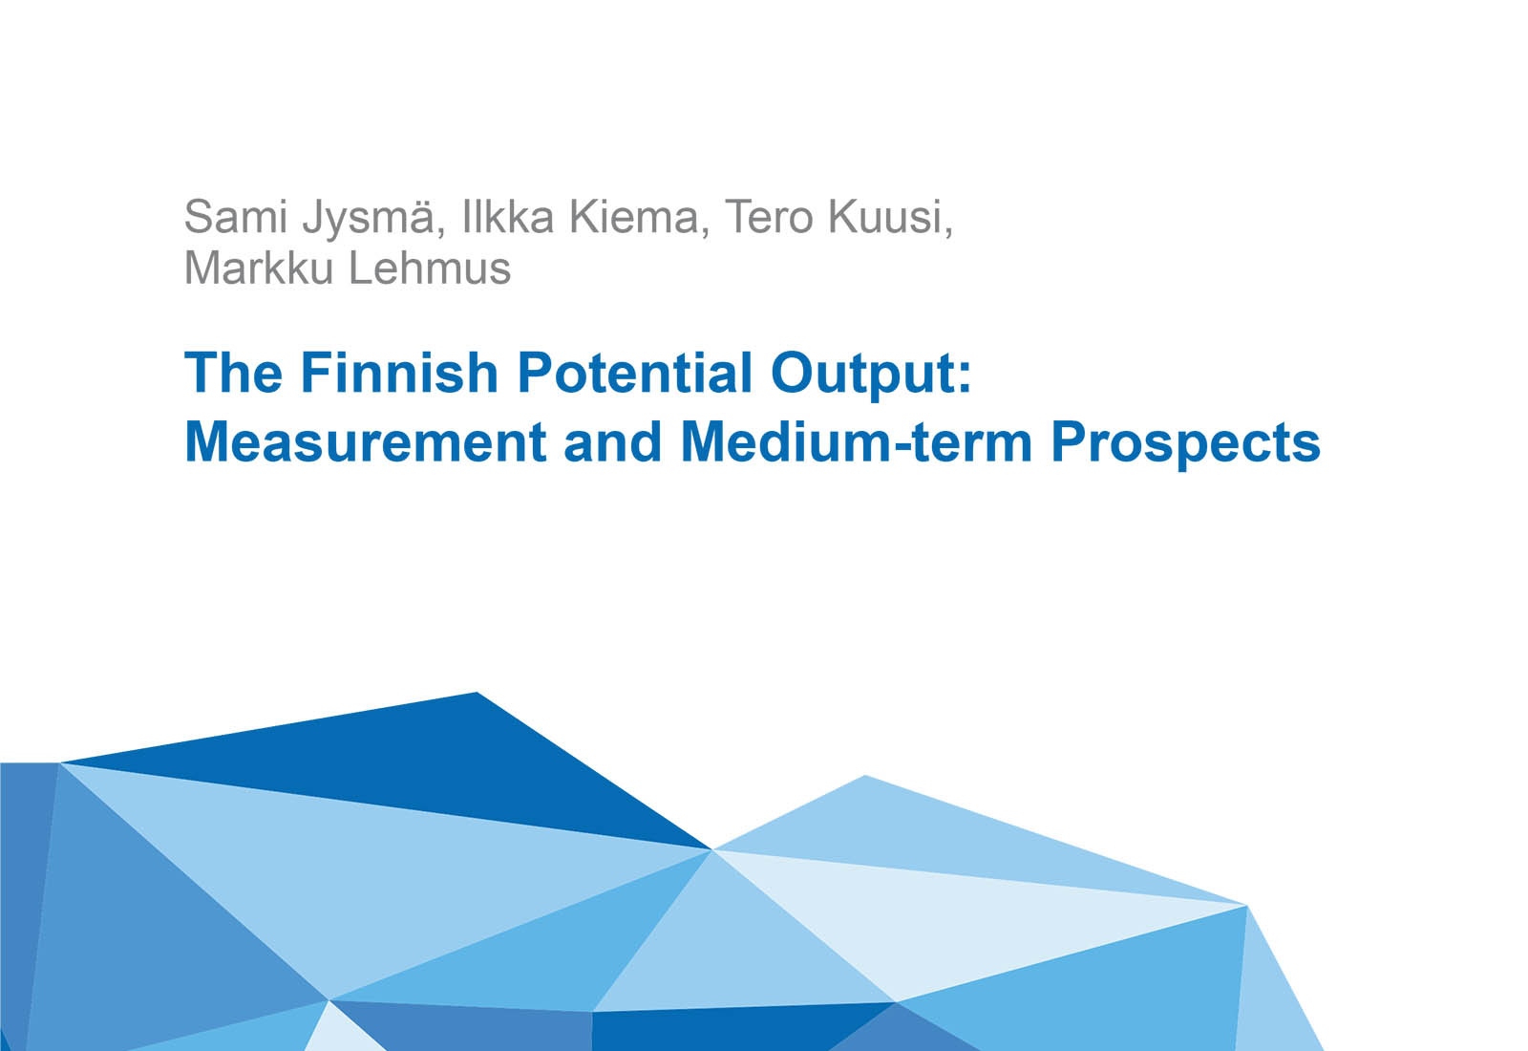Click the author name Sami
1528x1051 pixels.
pyautogui.click(x=235, y=217)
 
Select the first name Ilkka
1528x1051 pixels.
pyautogui.click(x=507, y=217)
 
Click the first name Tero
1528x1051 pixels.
pyautogui.click(x=770, y=217)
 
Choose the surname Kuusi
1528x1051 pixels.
pyautogui.click(x=889, y=217)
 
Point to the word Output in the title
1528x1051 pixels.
pyautogui.click(x=862, y=374)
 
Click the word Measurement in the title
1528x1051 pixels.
pyautogui.click(x=366, y=441)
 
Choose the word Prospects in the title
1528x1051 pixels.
pyautogui.click(x=1185, y=443)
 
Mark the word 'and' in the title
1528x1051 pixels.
pyautogui.click(x=612, y=441)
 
